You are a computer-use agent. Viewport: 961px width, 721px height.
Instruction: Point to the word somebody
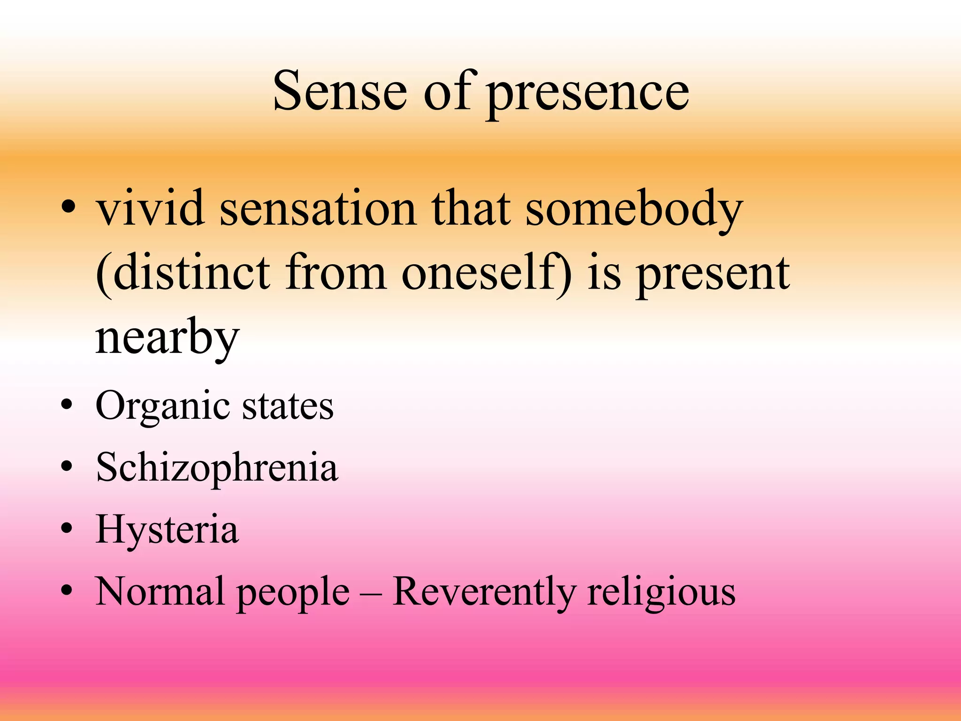point(633,209)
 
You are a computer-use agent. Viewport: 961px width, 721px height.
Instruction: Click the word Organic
point(162,407)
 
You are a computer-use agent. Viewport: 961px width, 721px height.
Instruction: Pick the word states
point(287,406)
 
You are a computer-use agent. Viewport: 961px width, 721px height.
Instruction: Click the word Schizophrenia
point(216,468)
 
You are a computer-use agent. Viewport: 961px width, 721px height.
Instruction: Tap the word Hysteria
point(167,530)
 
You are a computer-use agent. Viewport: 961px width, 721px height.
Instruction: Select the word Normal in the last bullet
point(160,591)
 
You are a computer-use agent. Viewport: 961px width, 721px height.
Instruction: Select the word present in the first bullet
point(713,275)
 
